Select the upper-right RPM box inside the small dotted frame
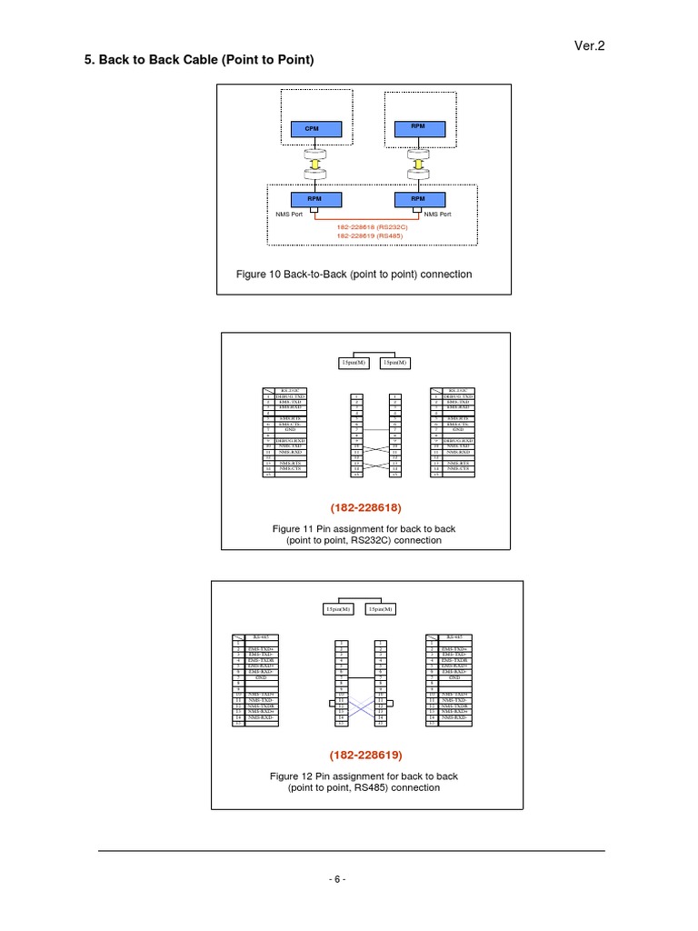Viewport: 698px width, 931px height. pyautogui.click(x=418, y=128)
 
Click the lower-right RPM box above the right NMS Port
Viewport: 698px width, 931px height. pyautogui.click(x=418, y=198)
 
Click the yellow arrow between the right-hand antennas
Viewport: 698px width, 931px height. pyautogui.click(x=418, y=165)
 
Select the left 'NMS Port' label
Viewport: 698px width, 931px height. pyautogui.click(x=291, y=215)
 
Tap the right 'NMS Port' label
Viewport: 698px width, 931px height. pyautogui.click(x=444, y=215)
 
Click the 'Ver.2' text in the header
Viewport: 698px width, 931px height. pyautogui.click(x=590, y=45)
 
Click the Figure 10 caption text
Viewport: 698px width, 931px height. pyautogui.click(x=354, y=274)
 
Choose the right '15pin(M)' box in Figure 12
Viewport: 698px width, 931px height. pyautogui.click(x=379, y=608)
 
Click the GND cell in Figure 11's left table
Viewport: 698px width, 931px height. pyautogui.click(x=290, y=429)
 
